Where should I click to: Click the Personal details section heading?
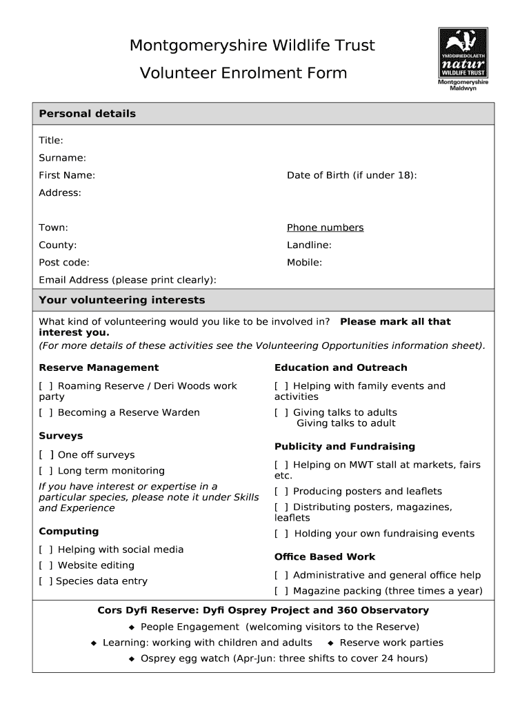(88, 114)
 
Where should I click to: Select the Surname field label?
(62, 158)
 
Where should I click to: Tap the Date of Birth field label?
(352, 175)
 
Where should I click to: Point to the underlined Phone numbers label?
(325, 228)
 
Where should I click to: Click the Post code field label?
(64, 263)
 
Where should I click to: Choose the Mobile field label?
(304, 263)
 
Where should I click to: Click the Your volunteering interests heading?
(122, 301)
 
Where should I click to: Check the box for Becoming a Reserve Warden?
(46, 412)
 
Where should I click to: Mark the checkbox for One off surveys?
(46, 455)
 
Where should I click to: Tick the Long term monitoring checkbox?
(46, 471)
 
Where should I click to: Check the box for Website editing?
(46, 565)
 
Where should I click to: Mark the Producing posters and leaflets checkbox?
(281, 492)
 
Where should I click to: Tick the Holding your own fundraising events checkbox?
(281, 534)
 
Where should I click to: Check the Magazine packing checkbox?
(281, 591)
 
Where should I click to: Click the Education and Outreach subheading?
(341, 368)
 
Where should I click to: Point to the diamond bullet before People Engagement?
(132, 627)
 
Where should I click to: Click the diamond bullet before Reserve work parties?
(331, 643)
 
